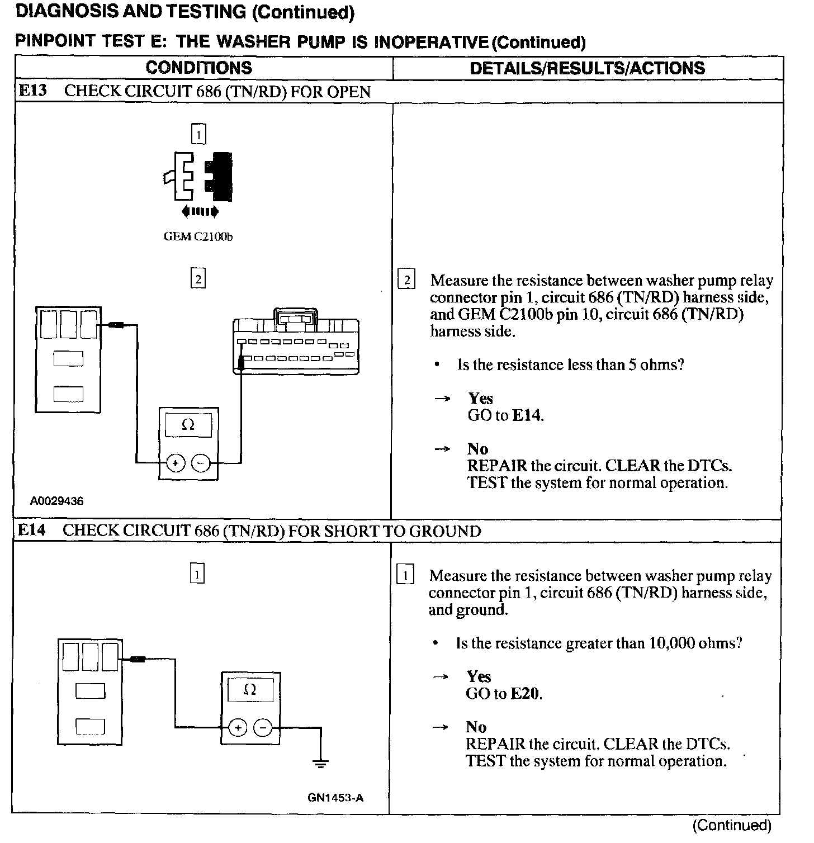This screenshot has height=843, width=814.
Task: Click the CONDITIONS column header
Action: pyautogui.click(x=198, y=68)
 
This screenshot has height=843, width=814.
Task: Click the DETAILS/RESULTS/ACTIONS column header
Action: pyautogui.click(x=587, y=68)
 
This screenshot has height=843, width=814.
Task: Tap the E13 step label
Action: pyautogui.click(x=32, y=91)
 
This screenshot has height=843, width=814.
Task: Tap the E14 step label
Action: pyautogui.click(x=31, y=531)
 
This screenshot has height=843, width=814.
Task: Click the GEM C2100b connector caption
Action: pyautogui.click(x=198, y=237)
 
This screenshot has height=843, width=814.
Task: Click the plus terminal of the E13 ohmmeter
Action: pyautogui.click(x=176, y=463)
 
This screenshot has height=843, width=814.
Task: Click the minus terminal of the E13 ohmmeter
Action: pyautogui.click(x=201, y=463)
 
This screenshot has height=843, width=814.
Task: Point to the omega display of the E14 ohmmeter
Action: pyautogui.click(x=250, y=689)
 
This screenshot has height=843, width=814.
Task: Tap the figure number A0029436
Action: pyautogui.click(x=56, y=501)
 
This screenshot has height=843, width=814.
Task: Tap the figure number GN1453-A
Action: pyautogui.click(x=335, y=798)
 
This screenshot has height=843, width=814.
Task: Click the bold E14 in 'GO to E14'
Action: pyautogui.click(x=527, y=415)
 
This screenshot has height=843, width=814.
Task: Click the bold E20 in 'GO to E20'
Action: pyautogui.click(x=526, y=694)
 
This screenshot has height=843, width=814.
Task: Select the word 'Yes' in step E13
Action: pyautogui.click(x=480, y=399)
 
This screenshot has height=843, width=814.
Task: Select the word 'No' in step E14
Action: pyautogui.click(x=476, y=727)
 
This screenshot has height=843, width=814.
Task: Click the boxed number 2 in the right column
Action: pyautogui.click(x=406, y=280)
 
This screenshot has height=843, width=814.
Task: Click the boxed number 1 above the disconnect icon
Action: pyautogui.click(x=198, y=134)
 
